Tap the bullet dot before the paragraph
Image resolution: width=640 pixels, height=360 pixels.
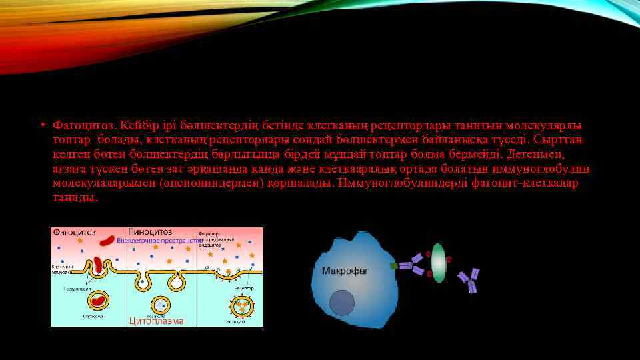[x=41, y=125]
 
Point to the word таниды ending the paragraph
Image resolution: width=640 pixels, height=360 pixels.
[x=75, y=198]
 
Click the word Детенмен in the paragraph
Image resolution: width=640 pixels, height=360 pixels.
[x=533, y=154]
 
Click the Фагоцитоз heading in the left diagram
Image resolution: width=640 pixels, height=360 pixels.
[x=75, y=233]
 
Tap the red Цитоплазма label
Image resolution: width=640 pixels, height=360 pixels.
[x=157, y=321]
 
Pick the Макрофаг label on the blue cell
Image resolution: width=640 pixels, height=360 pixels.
[x=345, y=271]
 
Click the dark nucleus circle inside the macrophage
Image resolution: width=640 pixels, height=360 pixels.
[x=343, y=303]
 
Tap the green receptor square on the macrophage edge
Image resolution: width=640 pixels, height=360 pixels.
[x=394, y=265]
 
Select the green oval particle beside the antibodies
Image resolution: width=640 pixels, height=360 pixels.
[x=438, y=261]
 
